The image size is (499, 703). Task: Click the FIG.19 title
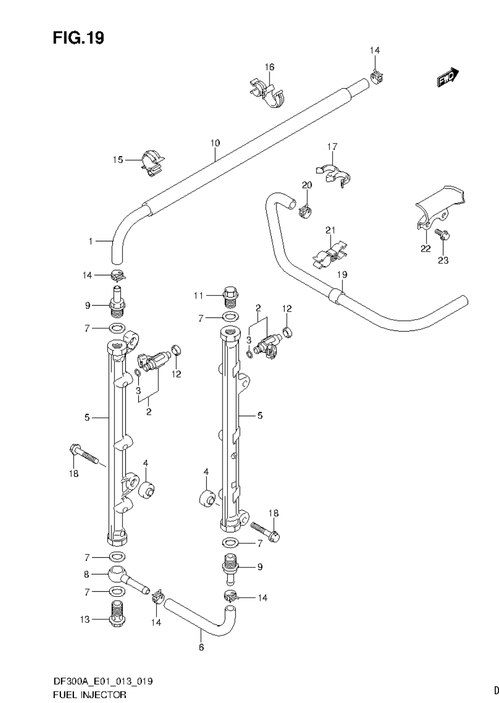[x=78, y=38]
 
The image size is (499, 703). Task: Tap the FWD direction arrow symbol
[x=448, y=78]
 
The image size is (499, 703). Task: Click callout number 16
[x=269, y=67]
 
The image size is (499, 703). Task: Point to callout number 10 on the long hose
[x=215, y=143]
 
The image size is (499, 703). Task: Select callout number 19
[x=341, y=274]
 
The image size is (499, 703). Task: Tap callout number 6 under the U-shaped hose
[x=201, y=647]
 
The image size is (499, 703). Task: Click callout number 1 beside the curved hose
[x=91, y=241]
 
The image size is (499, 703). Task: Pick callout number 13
[x=85, y=619]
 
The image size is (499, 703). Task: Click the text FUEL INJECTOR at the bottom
[x=90, y=694]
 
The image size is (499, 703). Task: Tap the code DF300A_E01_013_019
[x=103, y=681]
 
